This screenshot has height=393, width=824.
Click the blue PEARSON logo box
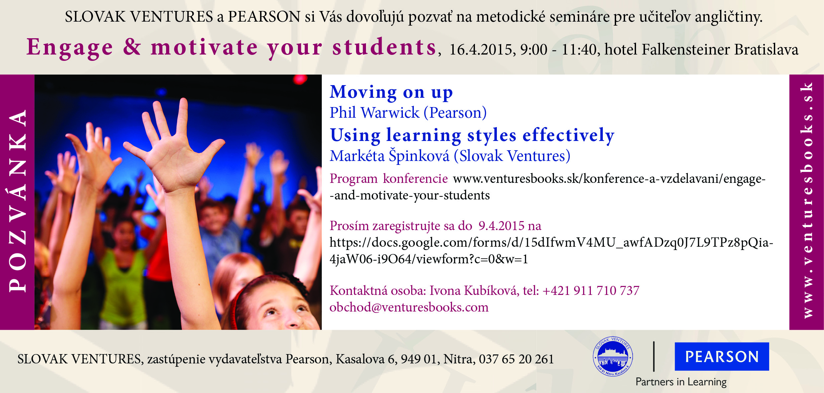click(722, 356)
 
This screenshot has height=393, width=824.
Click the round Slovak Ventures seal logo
click(613, 356)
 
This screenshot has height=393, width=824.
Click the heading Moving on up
click(391, 92)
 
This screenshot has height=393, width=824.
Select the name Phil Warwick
click(375, 112)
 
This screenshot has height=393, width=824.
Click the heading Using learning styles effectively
click(472, 135)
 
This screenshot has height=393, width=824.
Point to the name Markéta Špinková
click(389, 156)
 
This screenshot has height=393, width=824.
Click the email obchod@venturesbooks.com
click(409, 307)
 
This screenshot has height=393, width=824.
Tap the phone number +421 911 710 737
click(591, 291)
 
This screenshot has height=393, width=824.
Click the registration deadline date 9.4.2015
click(501, 226)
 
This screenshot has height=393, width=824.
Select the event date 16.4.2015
click(482, 50)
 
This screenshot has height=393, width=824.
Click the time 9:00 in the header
click(534, 50)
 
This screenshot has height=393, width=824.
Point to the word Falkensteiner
click(686, 49)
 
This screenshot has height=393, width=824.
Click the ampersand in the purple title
click(132, 47)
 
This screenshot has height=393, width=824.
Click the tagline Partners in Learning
click(681, 382)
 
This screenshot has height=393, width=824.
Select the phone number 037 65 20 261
click(516, 359)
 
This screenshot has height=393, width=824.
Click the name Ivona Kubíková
click(474, 291)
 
